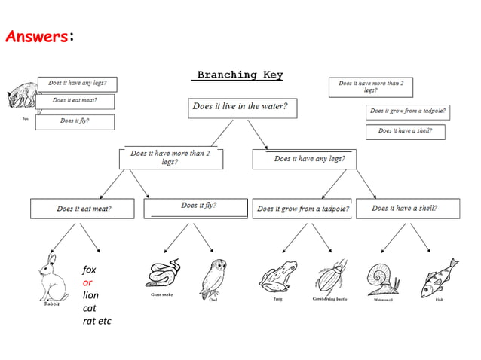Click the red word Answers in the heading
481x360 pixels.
point(36,36)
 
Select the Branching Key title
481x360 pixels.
point(240,75)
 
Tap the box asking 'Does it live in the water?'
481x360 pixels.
point(242,107)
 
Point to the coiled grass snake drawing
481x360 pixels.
point(162,273)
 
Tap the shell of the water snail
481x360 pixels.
point(378,276)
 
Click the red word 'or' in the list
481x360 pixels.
point(88,282)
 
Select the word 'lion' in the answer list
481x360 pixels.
point(90,295)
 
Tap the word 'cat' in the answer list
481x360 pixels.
point(90,308)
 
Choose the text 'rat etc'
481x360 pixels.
point(97,321)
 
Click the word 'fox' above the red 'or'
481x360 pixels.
point(90,270)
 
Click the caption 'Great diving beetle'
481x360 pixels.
point(329,299)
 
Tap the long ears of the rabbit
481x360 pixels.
point(51,261)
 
